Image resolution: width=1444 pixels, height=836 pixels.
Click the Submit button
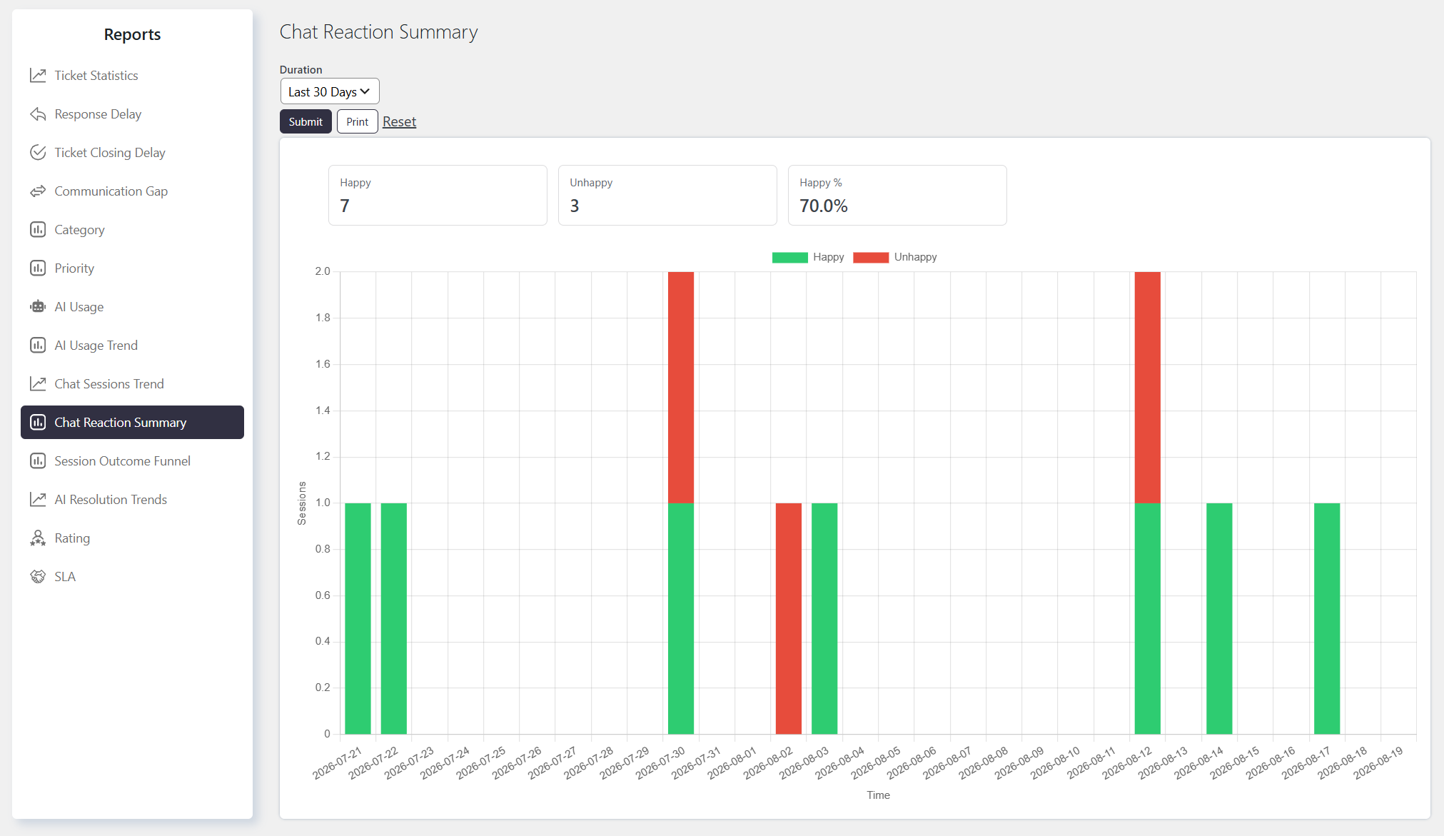click(306, 121)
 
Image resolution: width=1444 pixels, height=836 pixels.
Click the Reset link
click(399, 121)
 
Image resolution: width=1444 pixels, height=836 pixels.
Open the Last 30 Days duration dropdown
click(330, 91)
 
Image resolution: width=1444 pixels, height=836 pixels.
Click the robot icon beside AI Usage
click(38, 306)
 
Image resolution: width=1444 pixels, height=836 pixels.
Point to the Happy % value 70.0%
click(824, 206)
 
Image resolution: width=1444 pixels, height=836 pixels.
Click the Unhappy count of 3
click(575, 206)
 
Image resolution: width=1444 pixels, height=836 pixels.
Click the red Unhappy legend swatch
click(871, 257)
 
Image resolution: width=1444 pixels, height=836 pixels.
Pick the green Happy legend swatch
click(790, 257)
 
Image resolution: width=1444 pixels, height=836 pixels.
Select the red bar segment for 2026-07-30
click(681, 388)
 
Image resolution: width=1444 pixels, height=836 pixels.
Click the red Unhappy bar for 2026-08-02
click(789, 618)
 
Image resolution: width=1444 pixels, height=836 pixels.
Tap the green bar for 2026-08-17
click(1327, 618)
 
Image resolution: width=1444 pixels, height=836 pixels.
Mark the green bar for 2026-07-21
click(358, 618)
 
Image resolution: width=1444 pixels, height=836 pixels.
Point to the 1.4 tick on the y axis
click(323, 410)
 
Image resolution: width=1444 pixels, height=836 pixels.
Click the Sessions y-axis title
click(302, 503)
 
